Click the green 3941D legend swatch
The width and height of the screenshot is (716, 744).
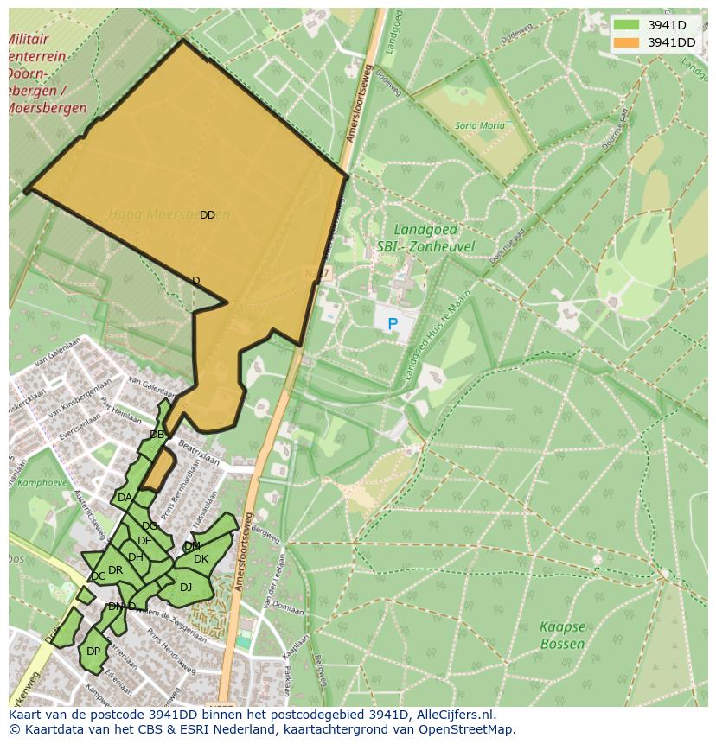[x=627, y=24]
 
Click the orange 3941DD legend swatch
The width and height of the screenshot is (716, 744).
[x=627, y=42]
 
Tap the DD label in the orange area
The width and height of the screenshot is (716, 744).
[x=208, y=215]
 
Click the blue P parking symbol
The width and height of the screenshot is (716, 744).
[x=393, y=325]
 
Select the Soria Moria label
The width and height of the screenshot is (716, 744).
[x=479, y=126]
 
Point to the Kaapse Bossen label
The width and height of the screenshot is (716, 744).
[x=562, y=635]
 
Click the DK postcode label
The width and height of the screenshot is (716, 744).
[x=201, y=559]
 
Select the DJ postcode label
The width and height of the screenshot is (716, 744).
[x=186, y=588]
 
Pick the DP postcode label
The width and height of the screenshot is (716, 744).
[x=93, y=652]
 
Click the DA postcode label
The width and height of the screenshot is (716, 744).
[x=125, y=498]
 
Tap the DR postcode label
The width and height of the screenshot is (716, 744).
[x=115, y=570]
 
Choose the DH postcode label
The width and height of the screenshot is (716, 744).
[x=136, y=557]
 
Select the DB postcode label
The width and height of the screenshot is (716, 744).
[x=157, y=435]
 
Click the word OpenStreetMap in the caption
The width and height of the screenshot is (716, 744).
[x=466, y=729]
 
